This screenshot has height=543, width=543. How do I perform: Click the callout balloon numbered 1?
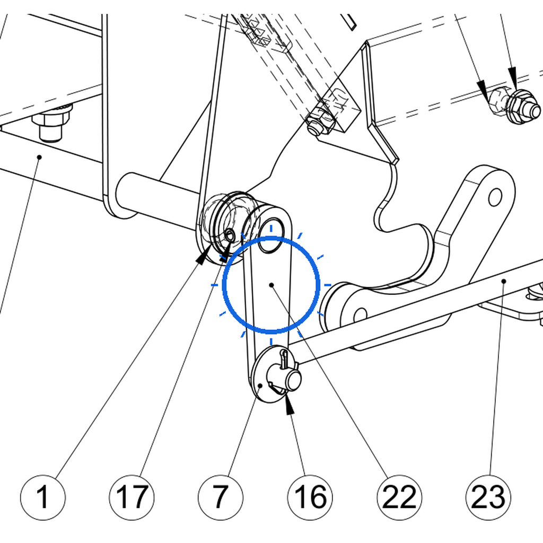43,497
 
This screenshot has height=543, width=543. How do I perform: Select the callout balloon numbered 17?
132,497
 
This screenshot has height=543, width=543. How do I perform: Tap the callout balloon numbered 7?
221,497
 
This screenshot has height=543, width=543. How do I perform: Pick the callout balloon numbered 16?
310,497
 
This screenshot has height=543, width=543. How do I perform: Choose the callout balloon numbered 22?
399,497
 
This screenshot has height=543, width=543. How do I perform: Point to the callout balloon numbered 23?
488,497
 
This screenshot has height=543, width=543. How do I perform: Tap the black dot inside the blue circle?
271,285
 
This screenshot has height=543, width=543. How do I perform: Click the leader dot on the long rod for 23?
504,281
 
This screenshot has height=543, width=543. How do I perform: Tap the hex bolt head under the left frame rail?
52,125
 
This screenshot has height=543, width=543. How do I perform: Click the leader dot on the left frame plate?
39,157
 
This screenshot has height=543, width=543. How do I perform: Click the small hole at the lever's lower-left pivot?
361,316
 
